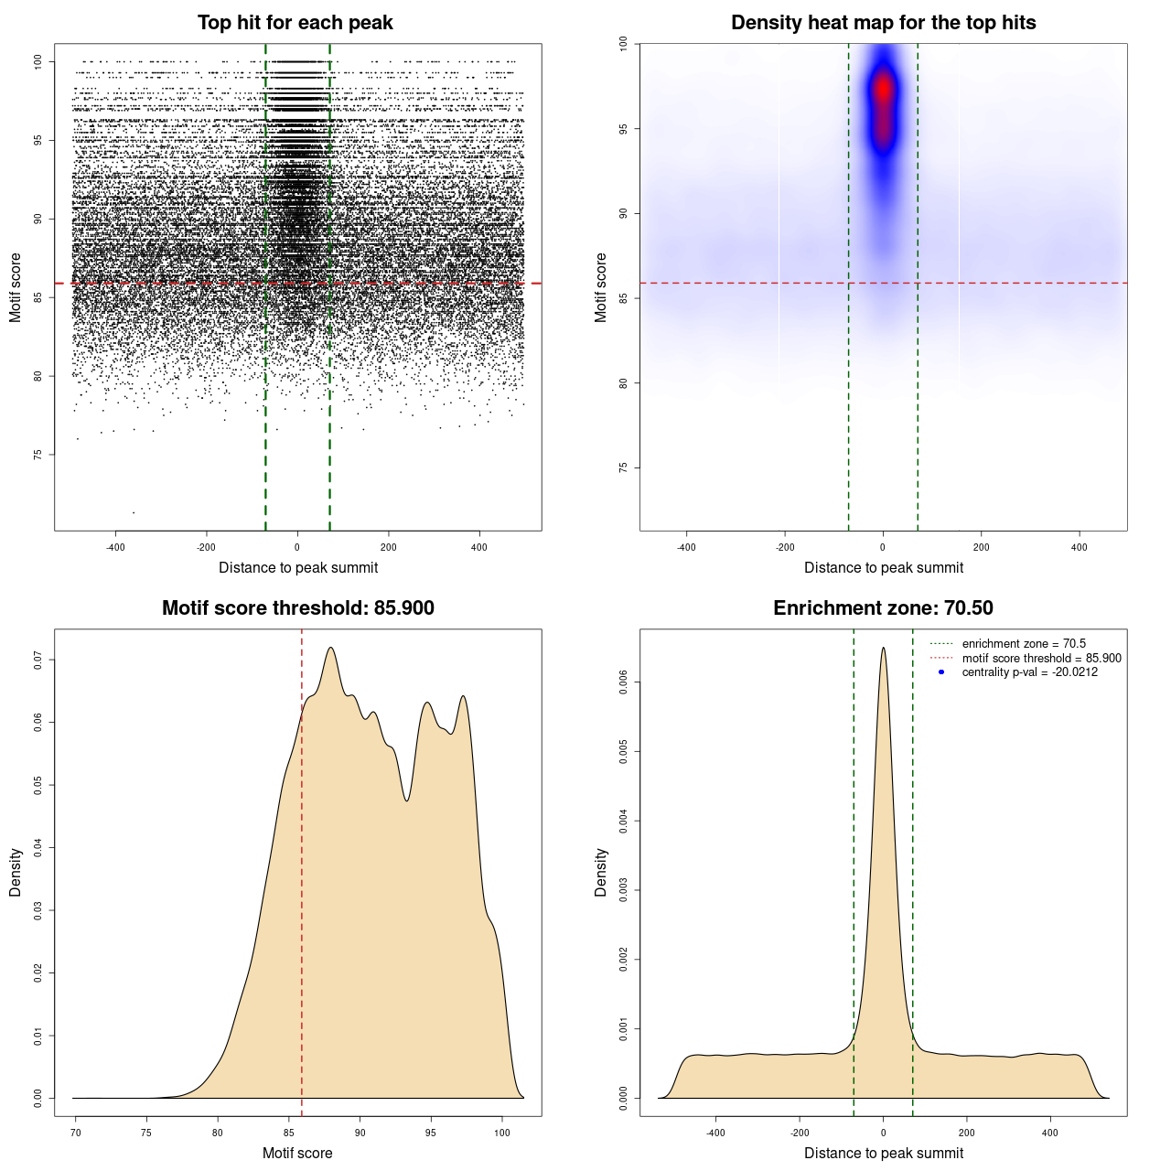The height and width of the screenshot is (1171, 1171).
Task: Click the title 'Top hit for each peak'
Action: coord(295,23)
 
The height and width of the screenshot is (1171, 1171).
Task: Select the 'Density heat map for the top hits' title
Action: coord(883,23)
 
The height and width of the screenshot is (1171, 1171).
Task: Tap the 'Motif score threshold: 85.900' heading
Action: coord(297,608)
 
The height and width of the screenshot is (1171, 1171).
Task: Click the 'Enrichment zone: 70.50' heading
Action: coord(883,608)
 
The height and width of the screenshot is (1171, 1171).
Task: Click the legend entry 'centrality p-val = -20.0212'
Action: coord(1029,672)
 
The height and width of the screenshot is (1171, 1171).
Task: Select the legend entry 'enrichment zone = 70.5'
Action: coord(1024,644)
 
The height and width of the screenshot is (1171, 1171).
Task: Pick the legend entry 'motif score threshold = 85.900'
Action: coord(1041,659)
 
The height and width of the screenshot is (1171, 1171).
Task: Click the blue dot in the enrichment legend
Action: coord(941,672)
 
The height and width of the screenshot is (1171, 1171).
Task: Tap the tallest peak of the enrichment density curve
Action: coord(883,649)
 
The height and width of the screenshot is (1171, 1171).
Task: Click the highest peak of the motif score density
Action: coord(330,649)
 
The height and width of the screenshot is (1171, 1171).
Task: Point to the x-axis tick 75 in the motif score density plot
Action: coord(146,1133)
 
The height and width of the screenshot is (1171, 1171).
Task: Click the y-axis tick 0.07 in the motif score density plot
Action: coord(38,660)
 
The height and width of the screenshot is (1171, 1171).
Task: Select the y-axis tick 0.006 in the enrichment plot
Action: coord(623,682)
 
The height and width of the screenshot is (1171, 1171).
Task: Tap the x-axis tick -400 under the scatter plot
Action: coord(115,548)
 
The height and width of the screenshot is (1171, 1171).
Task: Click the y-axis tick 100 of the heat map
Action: coord(623,44)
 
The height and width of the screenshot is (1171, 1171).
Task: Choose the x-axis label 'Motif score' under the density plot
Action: coord(297,1154)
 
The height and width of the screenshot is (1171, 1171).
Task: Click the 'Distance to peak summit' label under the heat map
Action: coord(883,568)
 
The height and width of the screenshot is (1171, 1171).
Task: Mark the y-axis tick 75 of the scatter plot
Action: coord(38,455)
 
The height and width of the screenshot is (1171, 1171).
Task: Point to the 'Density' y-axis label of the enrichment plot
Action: coord(601,872)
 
